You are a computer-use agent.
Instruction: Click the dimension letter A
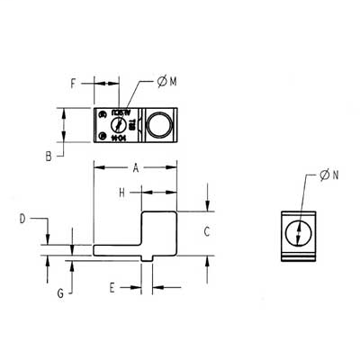(x=135, y=168)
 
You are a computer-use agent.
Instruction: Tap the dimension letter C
(x=206, y=232)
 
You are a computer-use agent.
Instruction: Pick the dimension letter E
(x=112, y=288)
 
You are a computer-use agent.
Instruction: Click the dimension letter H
(x=120, y=193)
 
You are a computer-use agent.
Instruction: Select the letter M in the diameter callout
(x=172, y=83)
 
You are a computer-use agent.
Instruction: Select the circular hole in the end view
(x=298, y=234)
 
